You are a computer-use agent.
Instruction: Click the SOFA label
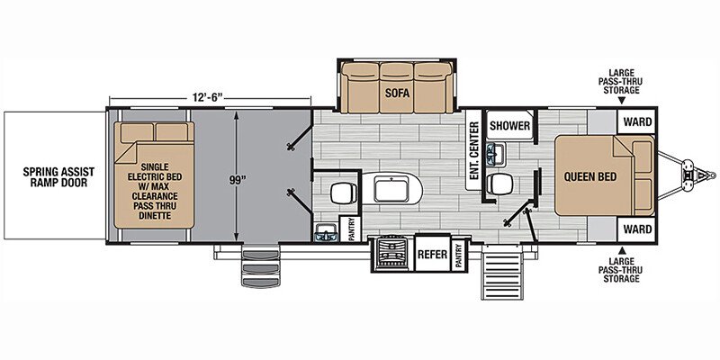(x=397, y=93)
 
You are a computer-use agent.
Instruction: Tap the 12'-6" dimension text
(x=208, y=97)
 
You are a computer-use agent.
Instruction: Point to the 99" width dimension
(x=236, y=180)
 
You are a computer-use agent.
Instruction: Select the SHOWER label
(x=509, y=125)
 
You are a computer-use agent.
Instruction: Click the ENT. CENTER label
(x=474, y=150)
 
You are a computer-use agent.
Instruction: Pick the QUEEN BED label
(x=590, y=176)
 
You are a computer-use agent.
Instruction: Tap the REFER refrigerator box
(x=432, y=254)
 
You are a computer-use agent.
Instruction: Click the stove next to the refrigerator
(x=391, y=254)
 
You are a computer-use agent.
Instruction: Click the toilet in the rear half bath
(x=344, y=193)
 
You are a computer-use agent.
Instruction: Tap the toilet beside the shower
(x=500, y=184)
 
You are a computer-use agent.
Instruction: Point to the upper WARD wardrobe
(x=637, y=121)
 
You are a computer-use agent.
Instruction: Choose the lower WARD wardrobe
(x=637, y=229)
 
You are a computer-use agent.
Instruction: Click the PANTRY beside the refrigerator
(x=458, y=255)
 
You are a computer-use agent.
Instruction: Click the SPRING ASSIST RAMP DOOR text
(x=58, y=177)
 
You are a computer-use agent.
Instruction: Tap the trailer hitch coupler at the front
(x=700, y=175)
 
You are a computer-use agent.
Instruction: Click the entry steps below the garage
(x=260, y=266)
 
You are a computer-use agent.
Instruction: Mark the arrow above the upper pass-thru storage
(x=622, y=100)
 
